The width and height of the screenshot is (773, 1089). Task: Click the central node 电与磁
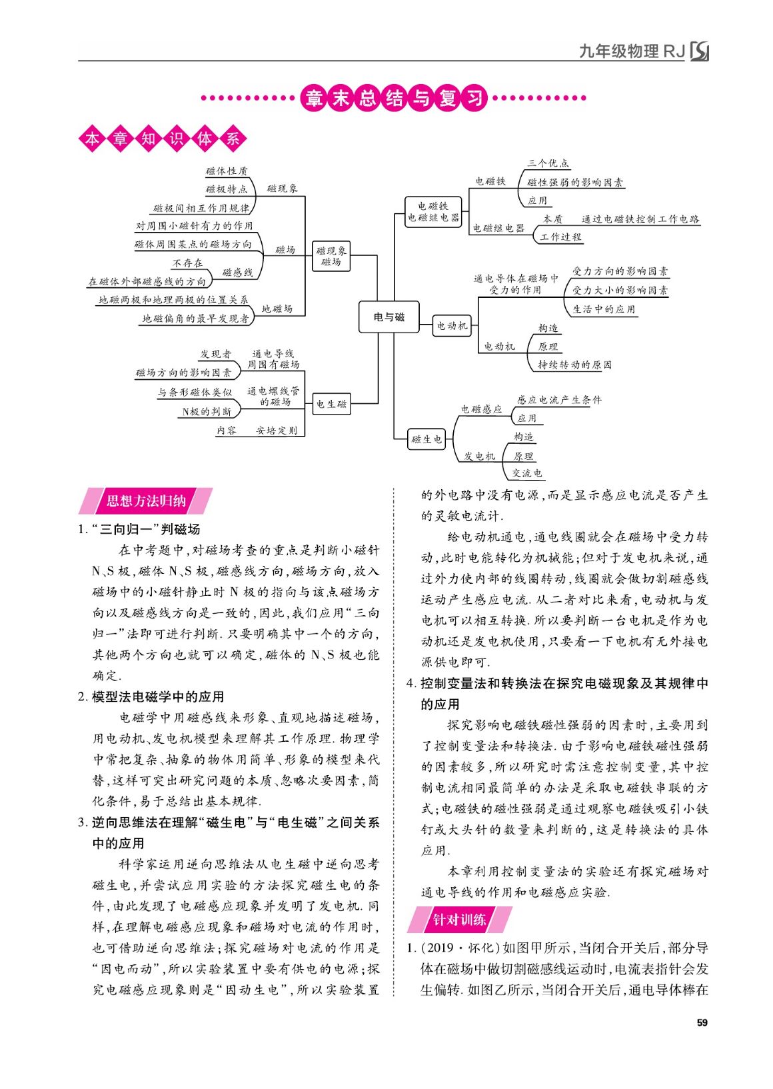[x=388, y=317]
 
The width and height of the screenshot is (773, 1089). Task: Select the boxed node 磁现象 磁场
[x=331, y=257]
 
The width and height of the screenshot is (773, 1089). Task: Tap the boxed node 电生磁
[x=331, y=404]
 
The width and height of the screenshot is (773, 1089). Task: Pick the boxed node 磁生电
[x=426, y=439]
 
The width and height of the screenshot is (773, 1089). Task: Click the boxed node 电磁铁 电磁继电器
[x=433, y=212]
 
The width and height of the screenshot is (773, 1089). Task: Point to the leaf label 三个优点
[x=548, y=163]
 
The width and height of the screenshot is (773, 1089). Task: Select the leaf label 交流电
[x=527, y=473]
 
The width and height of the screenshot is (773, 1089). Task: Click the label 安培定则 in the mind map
[x=277, y=431]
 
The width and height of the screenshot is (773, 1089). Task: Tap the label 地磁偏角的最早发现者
[x=195, y=319]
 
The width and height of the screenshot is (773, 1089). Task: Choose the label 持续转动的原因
[x=574, y=365]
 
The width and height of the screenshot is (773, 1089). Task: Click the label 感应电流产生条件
[x=558, y=400]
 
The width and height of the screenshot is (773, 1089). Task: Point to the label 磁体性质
[x=227, y=171]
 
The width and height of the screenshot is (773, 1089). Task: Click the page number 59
[x=701, y=1023]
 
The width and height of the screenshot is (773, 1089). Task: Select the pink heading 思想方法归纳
[x=146, y=501]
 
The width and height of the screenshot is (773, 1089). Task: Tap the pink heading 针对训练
[x=459, y=920]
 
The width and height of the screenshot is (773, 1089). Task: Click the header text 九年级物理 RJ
[x=632, y=51]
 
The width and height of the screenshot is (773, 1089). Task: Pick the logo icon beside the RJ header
[x=699, y=51]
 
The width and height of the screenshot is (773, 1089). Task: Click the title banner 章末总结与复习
[x=394, y=98]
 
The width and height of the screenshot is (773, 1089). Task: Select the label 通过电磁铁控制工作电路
[x=640, y=219]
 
